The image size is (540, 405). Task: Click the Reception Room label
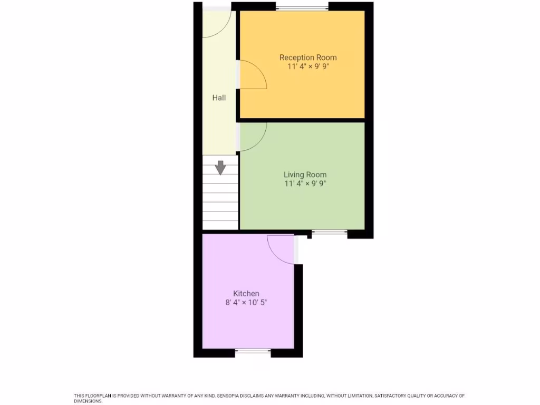[x=308, y=57]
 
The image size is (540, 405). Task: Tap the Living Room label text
[x=305, y=175]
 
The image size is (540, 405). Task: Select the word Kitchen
[x=246, y=294]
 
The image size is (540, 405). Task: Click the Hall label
[x=219, y=98]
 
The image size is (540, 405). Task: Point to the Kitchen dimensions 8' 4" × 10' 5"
[x=246, y=303]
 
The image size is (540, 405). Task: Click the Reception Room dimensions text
[x=308, y=67]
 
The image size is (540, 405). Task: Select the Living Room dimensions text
[x=305, y=184]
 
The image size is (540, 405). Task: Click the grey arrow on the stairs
[x=220, y=167]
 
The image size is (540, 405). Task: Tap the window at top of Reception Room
[x=302, y=7]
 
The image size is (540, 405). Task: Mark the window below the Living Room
[x=329, y=232]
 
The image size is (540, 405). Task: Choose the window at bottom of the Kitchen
[x=253, y=351]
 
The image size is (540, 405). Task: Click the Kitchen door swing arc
[x=281, y=249]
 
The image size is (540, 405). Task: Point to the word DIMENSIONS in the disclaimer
[x=88, y=401]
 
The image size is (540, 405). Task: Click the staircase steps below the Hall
[x=220, y=203]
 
